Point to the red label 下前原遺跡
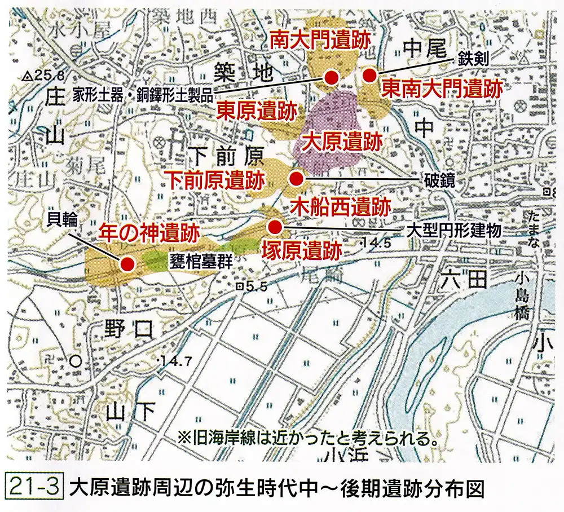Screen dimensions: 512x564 tap(217, 180)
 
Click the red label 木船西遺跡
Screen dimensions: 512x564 tap(340, 206)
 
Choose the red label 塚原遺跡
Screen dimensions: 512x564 tap(302, 250)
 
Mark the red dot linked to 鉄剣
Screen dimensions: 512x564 tap(369, 75)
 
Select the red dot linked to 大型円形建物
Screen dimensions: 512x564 tap(275, 227)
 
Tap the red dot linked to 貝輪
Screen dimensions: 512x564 tap(127, 263)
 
